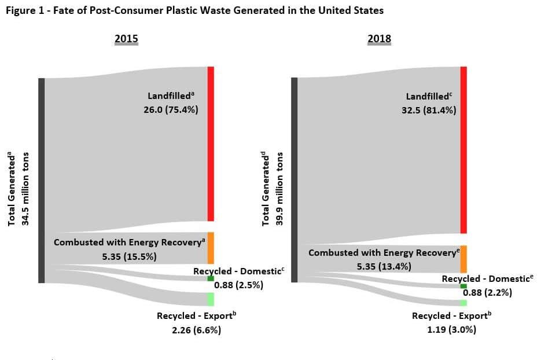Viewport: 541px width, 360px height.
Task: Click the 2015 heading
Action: click(x=126, y=39)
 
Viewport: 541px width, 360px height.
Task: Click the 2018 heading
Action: click(x=379, y=39)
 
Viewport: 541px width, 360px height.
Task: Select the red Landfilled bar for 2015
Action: click(x=211, y=144)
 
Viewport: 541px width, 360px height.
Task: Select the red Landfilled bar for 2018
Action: click(x=463, y=149)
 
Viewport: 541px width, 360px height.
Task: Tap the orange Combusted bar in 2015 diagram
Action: click(x=211, y=248)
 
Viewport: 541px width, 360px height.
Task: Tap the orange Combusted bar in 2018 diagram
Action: click(x=463, y=259)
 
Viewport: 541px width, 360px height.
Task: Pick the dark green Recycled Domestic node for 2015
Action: click(x=211, y=278)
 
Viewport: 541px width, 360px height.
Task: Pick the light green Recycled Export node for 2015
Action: click(x=211, y=299)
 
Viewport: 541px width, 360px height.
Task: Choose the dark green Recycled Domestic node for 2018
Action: click(x=463, y=286)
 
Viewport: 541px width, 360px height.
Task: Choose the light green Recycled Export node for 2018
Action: click(x=463, y=303)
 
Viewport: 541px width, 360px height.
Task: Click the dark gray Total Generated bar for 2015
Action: click(x=41, y=180)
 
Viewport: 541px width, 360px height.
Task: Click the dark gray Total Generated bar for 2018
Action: click(x=294, y=179)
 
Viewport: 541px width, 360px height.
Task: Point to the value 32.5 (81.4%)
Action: click(x=429, y=109)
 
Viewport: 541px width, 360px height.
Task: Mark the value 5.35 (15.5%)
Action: click(x=129, y=256)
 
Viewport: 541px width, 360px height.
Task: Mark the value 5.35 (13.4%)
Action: click(x=384, y=266)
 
